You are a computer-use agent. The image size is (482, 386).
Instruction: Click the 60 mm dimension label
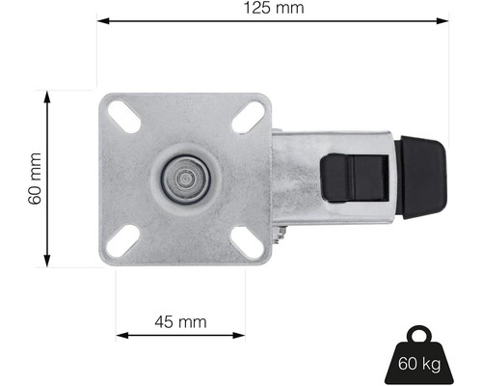[x=36, y=179]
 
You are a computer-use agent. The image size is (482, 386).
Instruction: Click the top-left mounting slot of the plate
[x=125, y=116]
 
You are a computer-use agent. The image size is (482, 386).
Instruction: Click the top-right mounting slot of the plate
[x=250, y=117]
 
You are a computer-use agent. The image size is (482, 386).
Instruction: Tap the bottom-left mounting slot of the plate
[x=125, y=241]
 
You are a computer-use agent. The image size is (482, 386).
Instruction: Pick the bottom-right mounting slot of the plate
[x=250, y=241]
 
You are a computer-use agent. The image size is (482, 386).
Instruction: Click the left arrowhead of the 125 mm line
[x=102, y=19]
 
